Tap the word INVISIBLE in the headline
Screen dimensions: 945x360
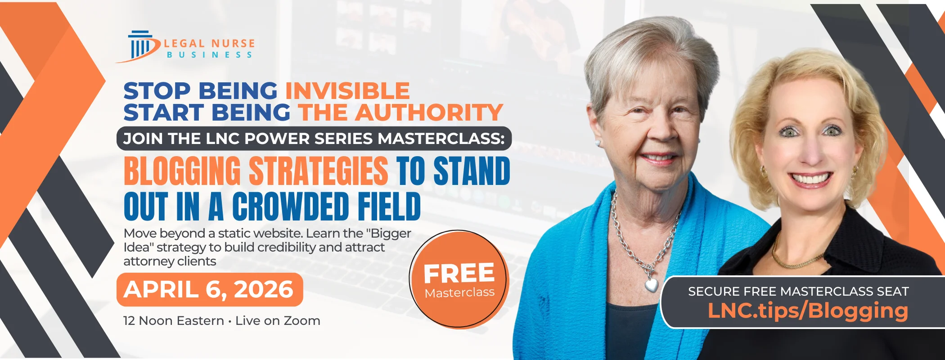pos(347,91)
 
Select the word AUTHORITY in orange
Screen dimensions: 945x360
pos(429,112)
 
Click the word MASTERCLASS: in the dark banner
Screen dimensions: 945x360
pos(441,139)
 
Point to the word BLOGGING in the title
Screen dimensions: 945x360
pos(182,171)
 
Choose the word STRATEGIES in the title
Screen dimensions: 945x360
pos(319,171)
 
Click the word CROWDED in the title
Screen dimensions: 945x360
pos(291,207)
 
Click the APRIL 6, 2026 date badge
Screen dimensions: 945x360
pos(210,289)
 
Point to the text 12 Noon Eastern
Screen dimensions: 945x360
pos(174,321)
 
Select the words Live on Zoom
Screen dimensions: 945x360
pos(278,321)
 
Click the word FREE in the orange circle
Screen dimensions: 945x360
pos(459,273)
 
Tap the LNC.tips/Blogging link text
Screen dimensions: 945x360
pos(808,310)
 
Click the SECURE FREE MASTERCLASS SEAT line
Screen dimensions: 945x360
pos(799,292)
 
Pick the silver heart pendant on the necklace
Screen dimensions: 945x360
pos(651,284)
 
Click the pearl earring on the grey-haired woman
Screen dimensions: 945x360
pos(598,144)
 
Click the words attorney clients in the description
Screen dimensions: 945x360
pos(170,261)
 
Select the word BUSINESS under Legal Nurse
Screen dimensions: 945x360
pos(210,55)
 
